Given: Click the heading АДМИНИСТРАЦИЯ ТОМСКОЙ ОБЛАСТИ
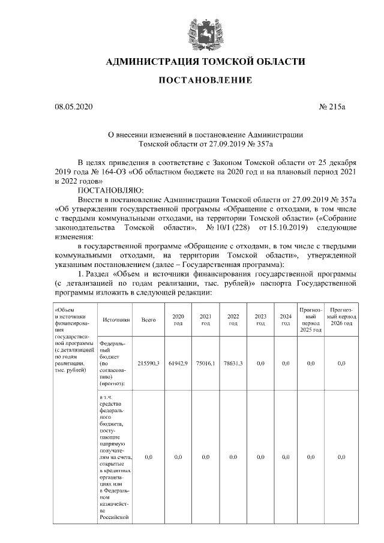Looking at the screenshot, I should click(x=205, y=62).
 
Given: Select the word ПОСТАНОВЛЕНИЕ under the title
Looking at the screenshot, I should click(x=205, y=80).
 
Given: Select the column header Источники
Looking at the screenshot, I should click(x=116, y=320).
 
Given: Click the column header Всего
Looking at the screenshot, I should click(x=148, y=320).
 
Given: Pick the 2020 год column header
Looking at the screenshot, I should click(x=178, y=320).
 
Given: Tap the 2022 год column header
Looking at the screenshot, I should click(x=233, y=320).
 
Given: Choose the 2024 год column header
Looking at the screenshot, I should click(x=286, y=320).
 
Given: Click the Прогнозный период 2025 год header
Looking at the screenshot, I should click(x=310, y=320).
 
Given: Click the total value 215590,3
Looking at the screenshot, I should click(x=148, y=363).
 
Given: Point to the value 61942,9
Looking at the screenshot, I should click(x=178, y=363).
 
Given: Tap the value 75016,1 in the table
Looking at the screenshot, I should click(x=205, y=363).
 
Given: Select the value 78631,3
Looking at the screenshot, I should click(x=233, y=363).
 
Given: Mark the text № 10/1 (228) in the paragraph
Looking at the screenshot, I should click(x=228, y=228).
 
